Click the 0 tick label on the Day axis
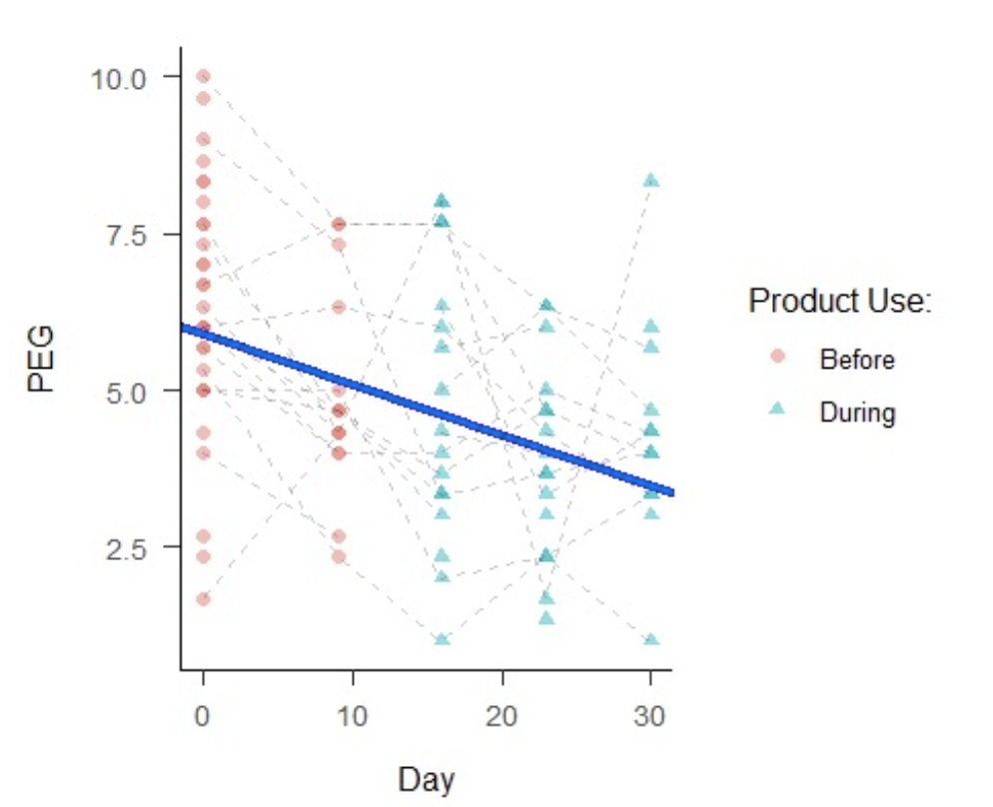tap(203, 716)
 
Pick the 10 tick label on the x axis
tap(353, 716)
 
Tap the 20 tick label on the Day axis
tap(501, 716)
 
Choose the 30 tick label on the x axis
tap(651, 716)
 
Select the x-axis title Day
tap(427, 779)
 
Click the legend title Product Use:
tap(839, 301)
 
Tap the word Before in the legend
tap(856, 359)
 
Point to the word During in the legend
tap(856, 411)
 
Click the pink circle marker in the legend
tap(779, 358)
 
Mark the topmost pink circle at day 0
tap(203, 76)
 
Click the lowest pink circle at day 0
tap(203, 599)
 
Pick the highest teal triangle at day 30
tap(651, 181)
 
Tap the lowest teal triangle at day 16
tap(442, 639)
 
